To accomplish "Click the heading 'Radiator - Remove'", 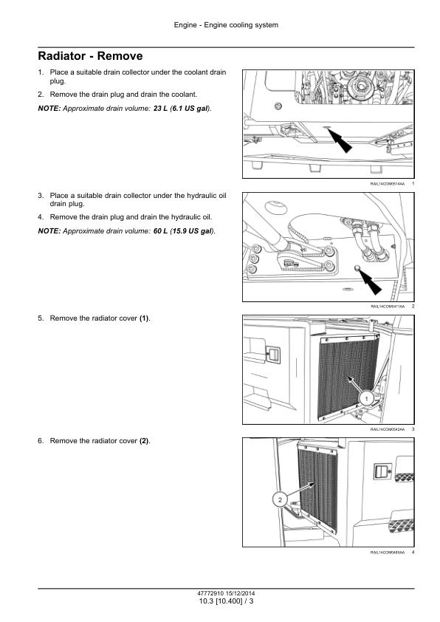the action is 90,56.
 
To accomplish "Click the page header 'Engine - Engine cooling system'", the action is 226,25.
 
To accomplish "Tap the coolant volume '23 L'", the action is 160,109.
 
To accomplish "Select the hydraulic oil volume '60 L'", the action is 160,231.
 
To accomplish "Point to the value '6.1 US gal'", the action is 190,109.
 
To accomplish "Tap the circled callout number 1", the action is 366,399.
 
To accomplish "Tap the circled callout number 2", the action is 280,500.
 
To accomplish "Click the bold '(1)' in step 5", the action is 144,318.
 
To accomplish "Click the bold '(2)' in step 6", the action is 144,441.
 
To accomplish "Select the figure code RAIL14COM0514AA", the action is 388,184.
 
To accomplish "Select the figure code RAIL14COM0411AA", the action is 388,307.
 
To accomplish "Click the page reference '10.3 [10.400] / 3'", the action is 226,601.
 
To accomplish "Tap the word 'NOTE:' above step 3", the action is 49,109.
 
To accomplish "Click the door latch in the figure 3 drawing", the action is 272,355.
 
